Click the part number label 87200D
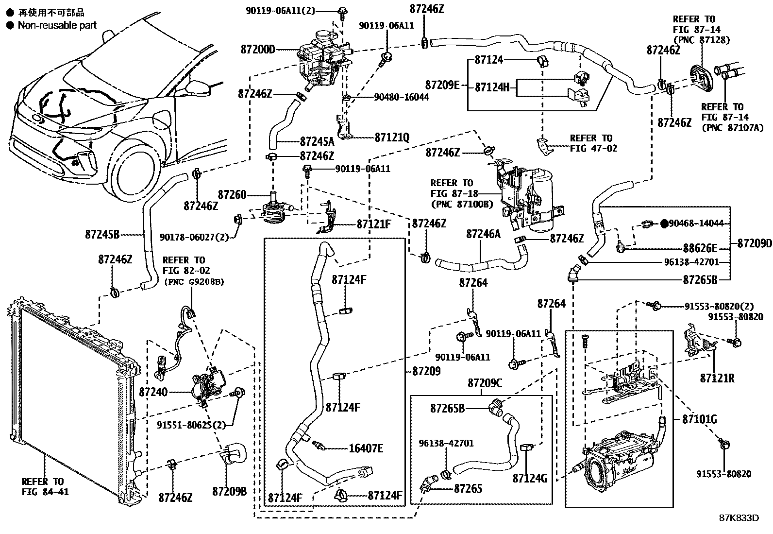point(257,50)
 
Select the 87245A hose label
point(317,142)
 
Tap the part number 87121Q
point(392,138)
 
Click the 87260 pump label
point(232,195)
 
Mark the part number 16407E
point(366,448)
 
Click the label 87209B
point(229,491)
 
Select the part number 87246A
point(483,234)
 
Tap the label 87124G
point(530,479)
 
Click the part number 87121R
point(717,378)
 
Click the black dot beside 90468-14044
point(664,224)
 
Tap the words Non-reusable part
point(57,25)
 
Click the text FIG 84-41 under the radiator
point(45,492)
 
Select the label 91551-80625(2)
point(191,425)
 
